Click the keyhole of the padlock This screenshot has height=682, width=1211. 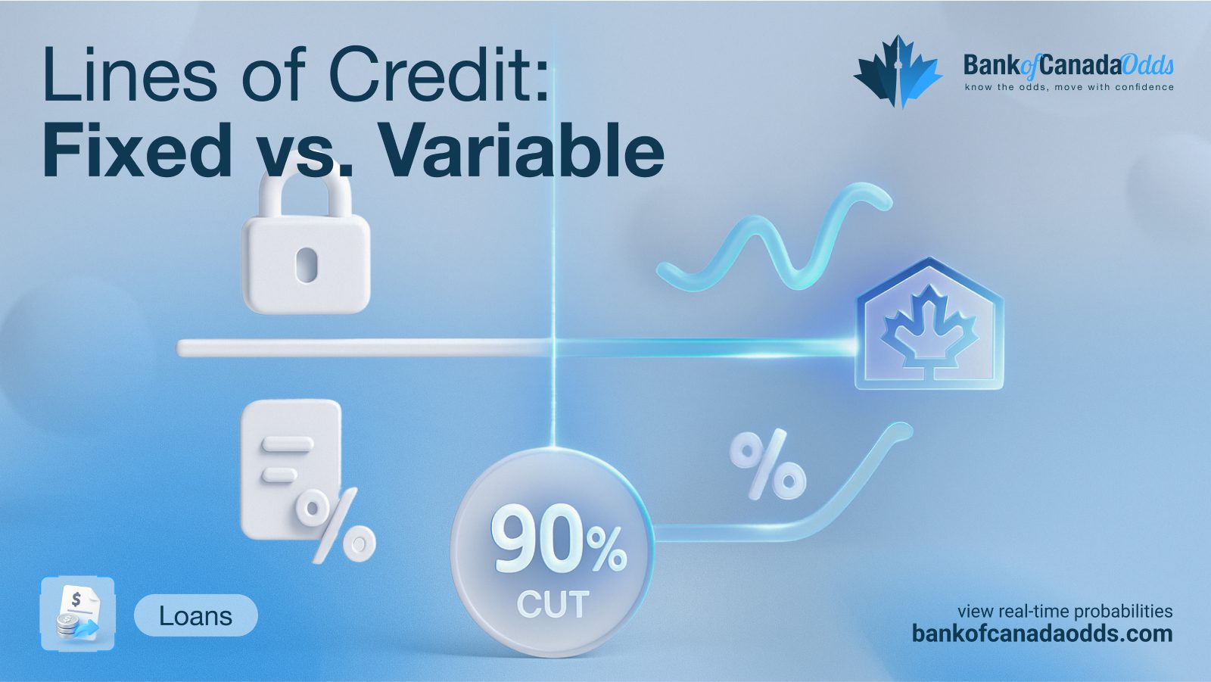click(x=306, y=265)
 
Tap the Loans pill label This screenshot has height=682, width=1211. click(x=196, y=615)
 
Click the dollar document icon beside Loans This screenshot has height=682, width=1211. click(x=78, y=613)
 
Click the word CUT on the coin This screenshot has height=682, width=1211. click(x=553, y=604)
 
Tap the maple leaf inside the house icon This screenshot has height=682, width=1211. click(x=929, y=327)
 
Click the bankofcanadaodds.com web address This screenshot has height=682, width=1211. click(x=1042, y=634)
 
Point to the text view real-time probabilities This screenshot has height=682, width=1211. click(x=1065, y=611)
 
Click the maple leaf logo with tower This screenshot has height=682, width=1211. click(x=898, y=72)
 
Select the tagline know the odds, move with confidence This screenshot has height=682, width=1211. click(x=1069, y=86)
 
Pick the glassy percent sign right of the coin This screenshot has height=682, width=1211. click(x=767, y=464)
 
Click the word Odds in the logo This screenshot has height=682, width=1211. click(x=1147, y=65)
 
